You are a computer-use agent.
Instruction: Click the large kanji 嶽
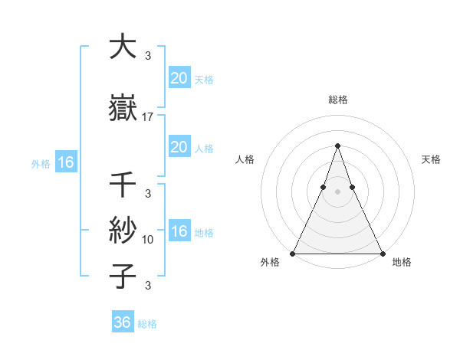(x=122, y=107)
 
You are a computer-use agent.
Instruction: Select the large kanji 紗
(x=122, y=229)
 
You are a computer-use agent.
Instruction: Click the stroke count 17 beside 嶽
(x=148, y=117)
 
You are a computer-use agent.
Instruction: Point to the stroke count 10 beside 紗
(x=148, y=240)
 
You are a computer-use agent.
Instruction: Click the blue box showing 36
(x=123, y=322)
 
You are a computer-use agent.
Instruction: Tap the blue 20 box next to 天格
(x=179, y=78)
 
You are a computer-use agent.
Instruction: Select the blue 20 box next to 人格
(x=179, y=147)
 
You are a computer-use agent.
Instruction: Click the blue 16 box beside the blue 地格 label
(x=179, y=232)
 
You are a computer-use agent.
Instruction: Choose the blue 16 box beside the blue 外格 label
(x=65, y=162)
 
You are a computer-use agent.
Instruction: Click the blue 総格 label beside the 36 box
(x=147, y=324)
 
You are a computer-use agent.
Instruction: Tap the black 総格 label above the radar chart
(x=337, y=100)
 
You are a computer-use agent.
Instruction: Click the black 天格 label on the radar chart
(x=432, y=159)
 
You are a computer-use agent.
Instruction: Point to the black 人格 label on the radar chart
(x=245, y=159)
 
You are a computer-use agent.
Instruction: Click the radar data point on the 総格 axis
(x=337, y=146)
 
